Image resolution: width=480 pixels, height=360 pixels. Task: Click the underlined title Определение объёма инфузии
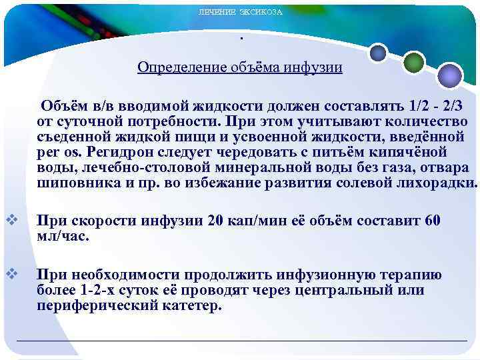pyautogui.click(x=240, y=67)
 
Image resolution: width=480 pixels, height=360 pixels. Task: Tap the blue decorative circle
pyautogui.click(x=379, y=52)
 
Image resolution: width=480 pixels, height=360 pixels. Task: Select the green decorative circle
pyautogui.click(x=414, y=63)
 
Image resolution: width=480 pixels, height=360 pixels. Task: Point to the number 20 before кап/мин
pyautogui.click(x=217, y=221)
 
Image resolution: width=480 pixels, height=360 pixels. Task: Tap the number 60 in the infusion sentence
pyautogui.click(x=433, y=221)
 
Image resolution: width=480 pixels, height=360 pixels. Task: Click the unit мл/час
pyautogui.click(x=63, y=236)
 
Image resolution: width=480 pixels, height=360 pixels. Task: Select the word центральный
pyautogui.click(x=366, y=290)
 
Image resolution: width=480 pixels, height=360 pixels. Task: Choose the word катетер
pyautogui.click(x=192, y=306)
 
